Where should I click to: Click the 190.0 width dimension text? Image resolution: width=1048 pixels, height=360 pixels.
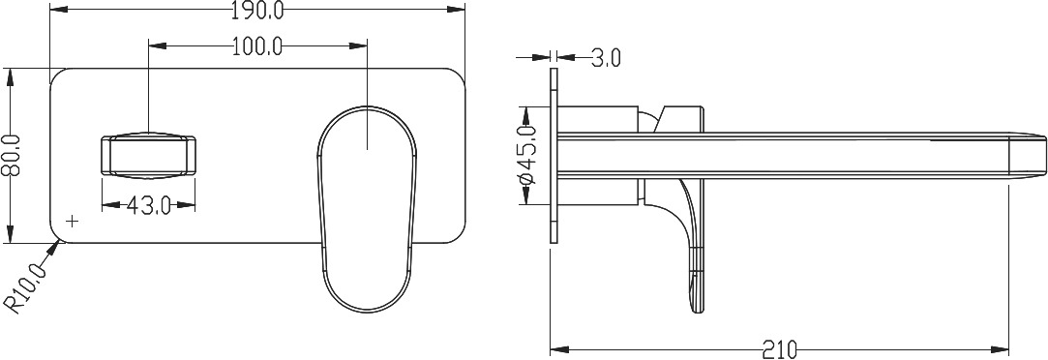(x=258, y=10)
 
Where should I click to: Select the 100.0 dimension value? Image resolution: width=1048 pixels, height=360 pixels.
(x=258, y=46)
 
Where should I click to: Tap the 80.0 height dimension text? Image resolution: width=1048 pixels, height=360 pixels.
(x=11, y=156)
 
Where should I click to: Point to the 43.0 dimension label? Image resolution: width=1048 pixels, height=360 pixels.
(x=148, y=206)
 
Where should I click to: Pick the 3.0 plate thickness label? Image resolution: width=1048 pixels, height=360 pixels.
(x=606, y=58)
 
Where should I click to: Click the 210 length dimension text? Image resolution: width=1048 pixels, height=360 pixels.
(x=779, y=349)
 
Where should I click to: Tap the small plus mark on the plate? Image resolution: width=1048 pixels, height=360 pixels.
(x=73, y=220)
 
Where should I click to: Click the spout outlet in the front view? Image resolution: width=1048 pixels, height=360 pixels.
(x=148, y=156)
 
